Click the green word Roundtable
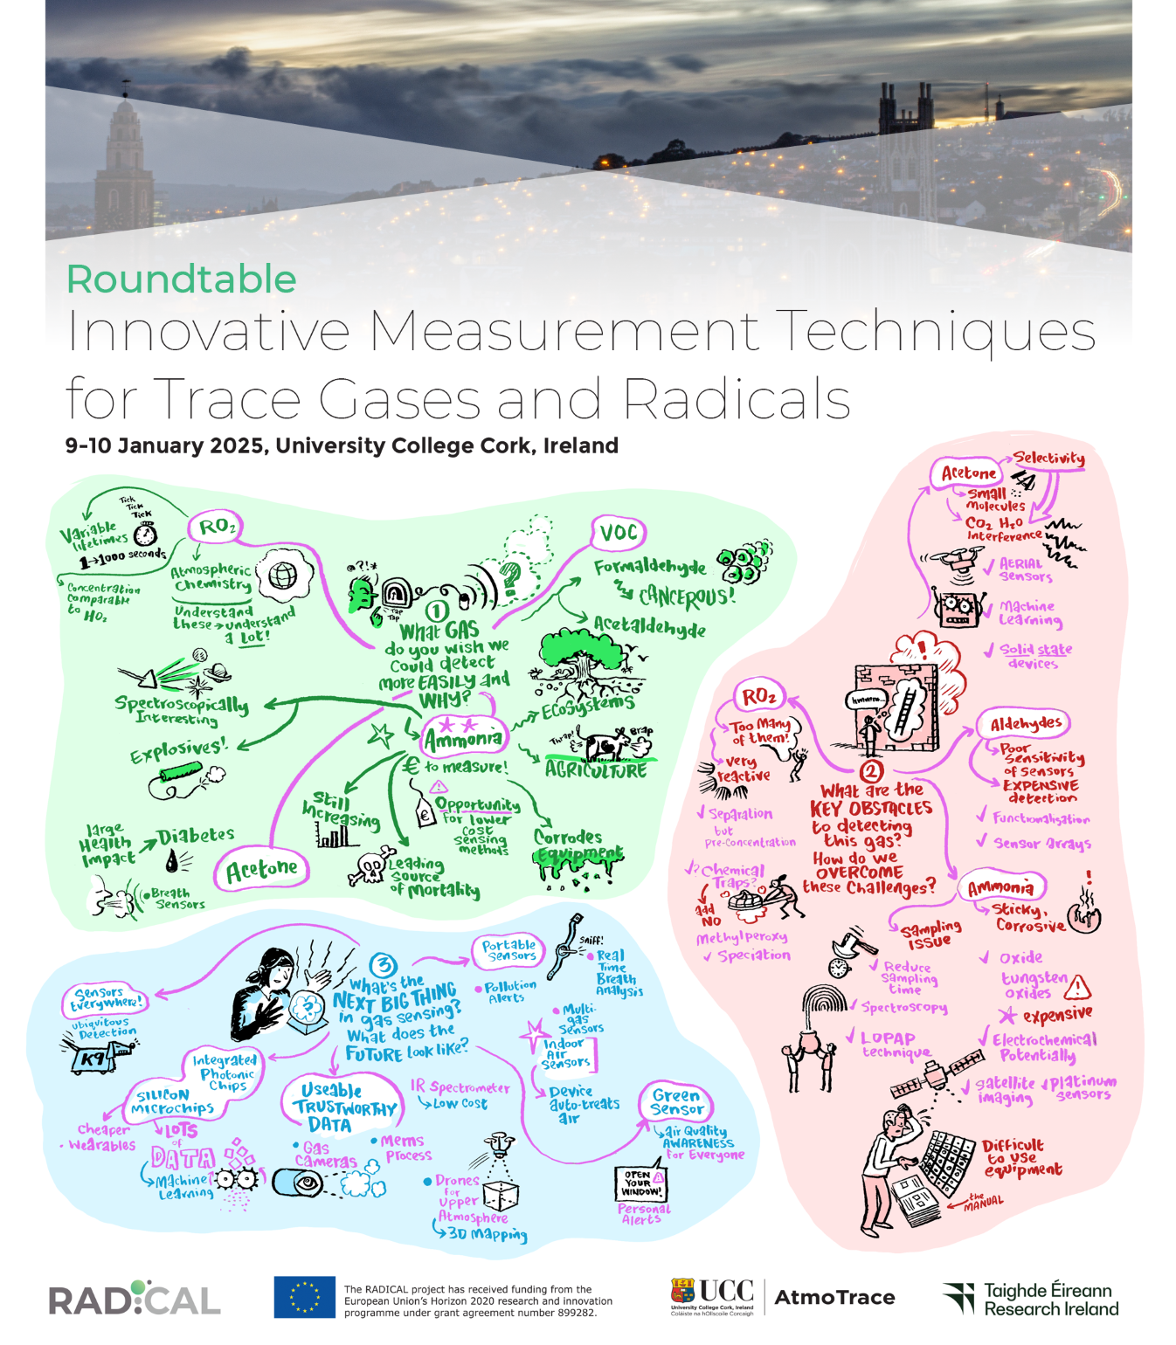(182, 279)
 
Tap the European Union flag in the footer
(304, 1297)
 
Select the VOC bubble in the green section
(619, 532)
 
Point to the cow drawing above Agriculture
(606, 745)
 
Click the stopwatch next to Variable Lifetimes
(145, 534)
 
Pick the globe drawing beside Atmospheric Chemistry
(282, 576)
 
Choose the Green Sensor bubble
(676, 1102)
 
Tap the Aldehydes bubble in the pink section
(1025, 723)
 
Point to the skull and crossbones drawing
(370, 866)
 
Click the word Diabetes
(196, 836)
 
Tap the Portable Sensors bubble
(509, 950)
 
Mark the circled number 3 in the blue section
(383, 964)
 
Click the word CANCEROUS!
(687, 597)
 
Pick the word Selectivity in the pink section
(1048, 459)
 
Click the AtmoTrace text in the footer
(834, 1298)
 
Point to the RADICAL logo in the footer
(134, 1299)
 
